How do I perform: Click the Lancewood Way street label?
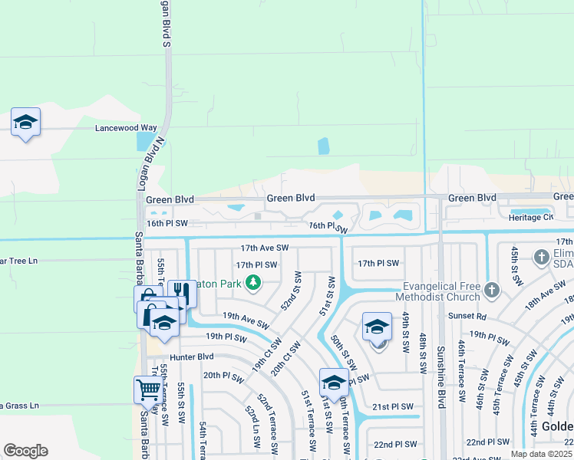click(x=126, y=128)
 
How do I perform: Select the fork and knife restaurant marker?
click(x=177, y=292)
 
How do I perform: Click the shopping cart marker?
click(x=147, y=389)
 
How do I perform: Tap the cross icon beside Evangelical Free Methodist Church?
click(x=492, y=291)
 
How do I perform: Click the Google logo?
click(x=25, y=451)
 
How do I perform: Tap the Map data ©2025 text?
click(x=542, y=454)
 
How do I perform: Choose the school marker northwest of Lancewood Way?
click(x=25, y=121)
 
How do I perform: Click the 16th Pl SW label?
click(x=167, y=223)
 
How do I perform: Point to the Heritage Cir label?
click(x=530, y=217)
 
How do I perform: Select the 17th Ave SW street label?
click(x=264, y=248)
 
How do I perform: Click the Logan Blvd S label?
click(x=165, y=23)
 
